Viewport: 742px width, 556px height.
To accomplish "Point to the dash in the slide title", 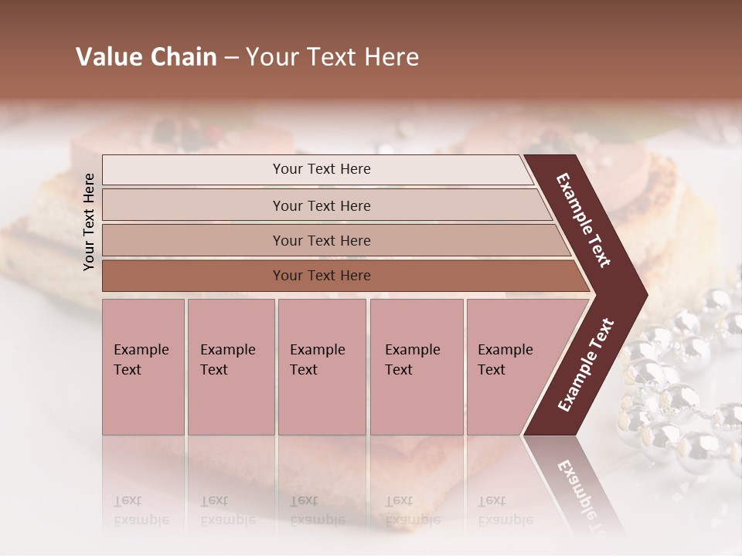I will point(231,58).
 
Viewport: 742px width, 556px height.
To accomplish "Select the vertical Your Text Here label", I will point(89,222).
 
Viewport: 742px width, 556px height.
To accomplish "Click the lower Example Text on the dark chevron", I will point(585,365).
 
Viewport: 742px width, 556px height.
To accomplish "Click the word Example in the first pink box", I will point(141,350).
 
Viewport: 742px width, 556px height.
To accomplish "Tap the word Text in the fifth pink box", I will point(491,370).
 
